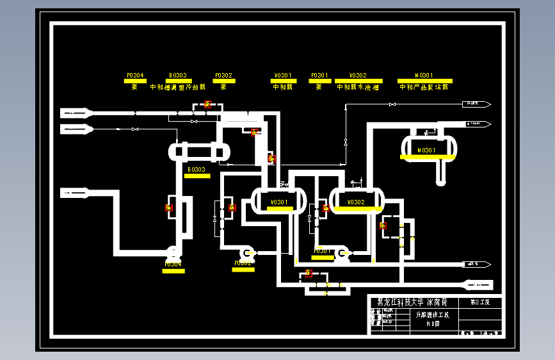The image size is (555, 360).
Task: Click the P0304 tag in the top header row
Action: pyautogui.click(x=134, y=75)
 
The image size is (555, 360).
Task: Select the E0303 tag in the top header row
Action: pyautogui.click(x=177, y=75)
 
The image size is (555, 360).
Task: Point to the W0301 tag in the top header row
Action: pyautogui.click(x=424, y=75)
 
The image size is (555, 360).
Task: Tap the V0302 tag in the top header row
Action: pyautogui.click(x=358, y=75)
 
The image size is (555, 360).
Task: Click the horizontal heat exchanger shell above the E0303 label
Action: pyautogui.click(x=199, y=152)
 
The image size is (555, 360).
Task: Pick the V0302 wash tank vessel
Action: pyautogui.click(x=356, y=200)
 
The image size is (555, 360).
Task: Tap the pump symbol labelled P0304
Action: pyautogui.click(x=173, y=252)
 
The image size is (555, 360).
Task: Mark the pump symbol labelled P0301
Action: pyautogui.click(x=341, y=254)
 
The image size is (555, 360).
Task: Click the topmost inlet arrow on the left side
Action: pyautogui.click(x=76, y=113)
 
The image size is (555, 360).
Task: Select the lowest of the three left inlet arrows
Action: pyautogui.click(x=76, y=192)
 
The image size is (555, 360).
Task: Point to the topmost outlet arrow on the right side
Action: pyautogui.click(x=478, y=103)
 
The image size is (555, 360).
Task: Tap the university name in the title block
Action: pyautogui.click(x=412, y=302)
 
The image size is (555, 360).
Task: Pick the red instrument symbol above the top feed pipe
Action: pyautogui.click(x=207, y=104)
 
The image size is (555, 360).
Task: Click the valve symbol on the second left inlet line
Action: pyautogui.click(x=134, y=129)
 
